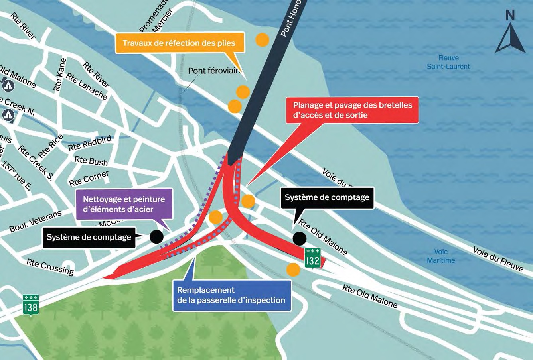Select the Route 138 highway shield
[31, 305]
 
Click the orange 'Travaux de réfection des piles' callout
[179, 43]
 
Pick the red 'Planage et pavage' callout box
[352, 110]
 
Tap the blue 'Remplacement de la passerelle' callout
[231, 295]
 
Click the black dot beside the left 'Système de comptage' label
[157, 237]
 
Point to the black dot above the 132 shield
[299, 238]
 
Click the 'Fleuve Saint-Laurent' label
[448, 62]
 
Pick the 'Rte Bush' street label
[91, 161]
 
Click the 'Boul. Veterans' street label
[36, 221]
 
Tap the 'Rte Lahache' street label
[87, 86]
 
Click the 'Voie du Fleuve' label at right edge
[498, 258]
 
